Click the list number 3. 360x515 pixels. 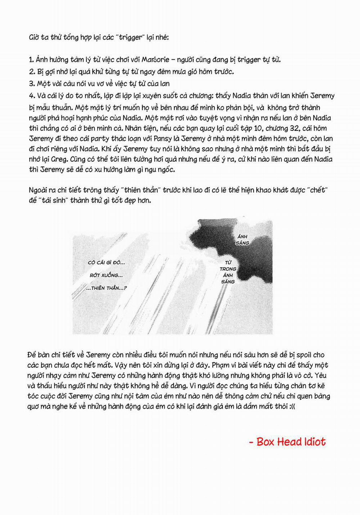(x=32, y=84)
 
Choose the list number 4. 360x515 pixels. (x=32, y=96)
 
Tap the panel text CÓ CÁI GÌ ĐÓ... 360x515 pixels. (x=106, y=263)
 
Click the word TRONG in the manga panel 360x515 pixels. (x=228, y=269)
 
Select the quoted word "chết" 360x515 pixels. (x=318, y=190)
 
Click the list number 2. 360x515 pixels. (x=32, y=72)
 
